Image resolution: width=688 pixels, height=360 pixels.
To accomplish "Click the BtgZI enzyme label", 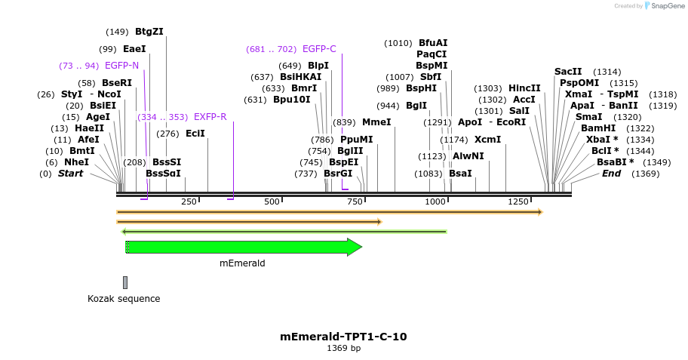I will [149, 32].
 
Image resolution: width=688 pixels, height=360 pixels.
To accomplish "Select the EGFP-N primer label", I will [121, 66].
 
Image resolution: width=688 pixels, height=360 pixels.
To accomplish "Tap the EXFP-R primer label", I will [210, 117].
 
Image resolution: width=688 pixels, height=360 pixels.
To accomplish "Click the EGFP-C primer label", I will [319, 49].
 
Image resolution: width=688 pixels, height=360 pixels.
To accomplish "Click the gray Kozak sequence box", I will [125, 282].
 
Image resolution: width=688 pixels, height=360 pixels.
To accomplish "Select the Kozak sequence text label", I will [124, 298].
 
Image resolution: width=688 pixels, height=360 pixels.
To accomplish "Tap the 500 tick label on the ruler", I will [272, 202].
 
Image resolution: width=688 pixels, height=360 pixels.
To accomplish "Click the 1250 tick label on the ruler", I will [518, 202].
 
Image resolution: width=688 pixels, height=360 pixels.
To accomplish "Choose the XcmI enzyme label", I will [487, 140].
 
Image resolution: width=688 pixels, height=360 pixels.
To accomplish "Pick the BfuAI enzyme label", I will [433, 43].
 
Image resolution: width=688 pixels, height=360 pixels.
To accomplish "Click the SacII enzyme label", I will [568, 72].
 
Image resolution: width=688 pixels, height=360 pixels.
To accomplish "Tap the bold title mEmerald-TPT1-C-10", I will [343, 337].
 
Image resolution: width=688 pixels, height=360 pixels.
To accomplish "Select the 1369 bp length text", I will [343, 349].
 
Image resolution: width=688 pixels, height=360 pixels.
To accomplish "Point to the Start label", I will [70, 174].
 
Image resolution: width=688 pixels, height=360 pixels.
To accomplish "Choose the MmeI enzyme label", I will [376, 122].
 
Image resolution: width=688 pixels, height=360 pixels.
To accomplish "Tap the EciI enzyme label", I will [195, 134].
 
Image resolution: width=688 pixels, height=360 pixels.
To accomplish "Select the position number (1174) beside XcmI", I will [454, 140].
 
